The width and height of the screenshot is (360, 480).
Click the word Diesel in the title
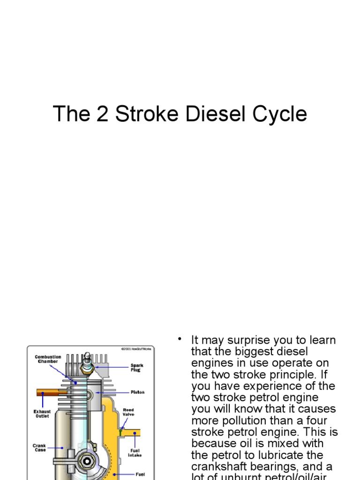click(x=214, y=114)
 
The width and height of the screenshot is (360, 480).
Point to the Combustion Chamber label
click(x=48, y=359)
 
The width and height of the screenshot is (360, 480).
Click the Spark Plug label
click(x=137, y=367)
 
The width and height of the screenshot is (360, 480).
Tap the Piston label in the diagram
click(x=137, y=392)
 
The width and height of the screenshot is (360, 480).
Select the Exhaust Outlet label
click(x=42, y=413)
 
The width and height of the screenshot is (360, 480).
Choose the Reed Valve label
click(x=128, y=412)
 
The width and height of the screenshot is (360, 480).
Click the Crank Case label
click(x=39, y=448)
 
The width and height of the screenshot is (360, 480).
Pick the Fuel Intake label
click(x=135, y=452)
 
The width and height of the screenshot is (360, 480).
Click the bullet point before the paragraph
click(x=179, y=338)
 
